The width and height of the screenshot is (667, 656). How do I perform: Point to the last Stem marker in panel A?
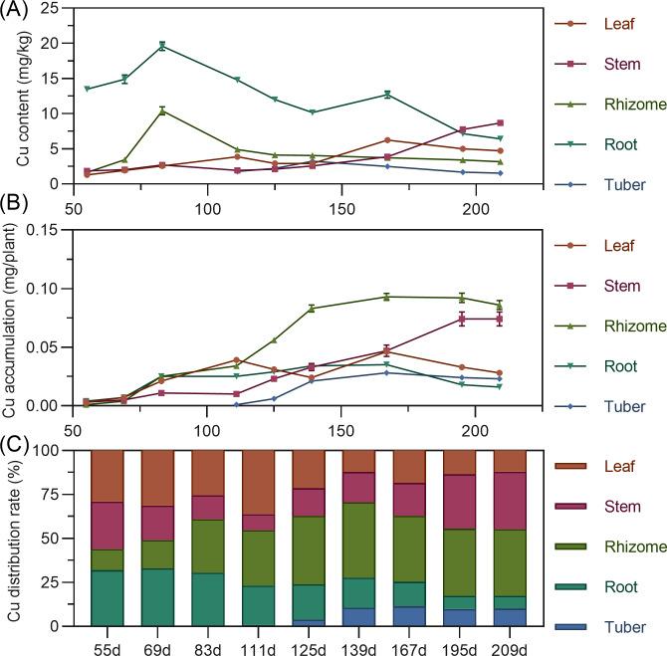(x=500, y=122)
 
